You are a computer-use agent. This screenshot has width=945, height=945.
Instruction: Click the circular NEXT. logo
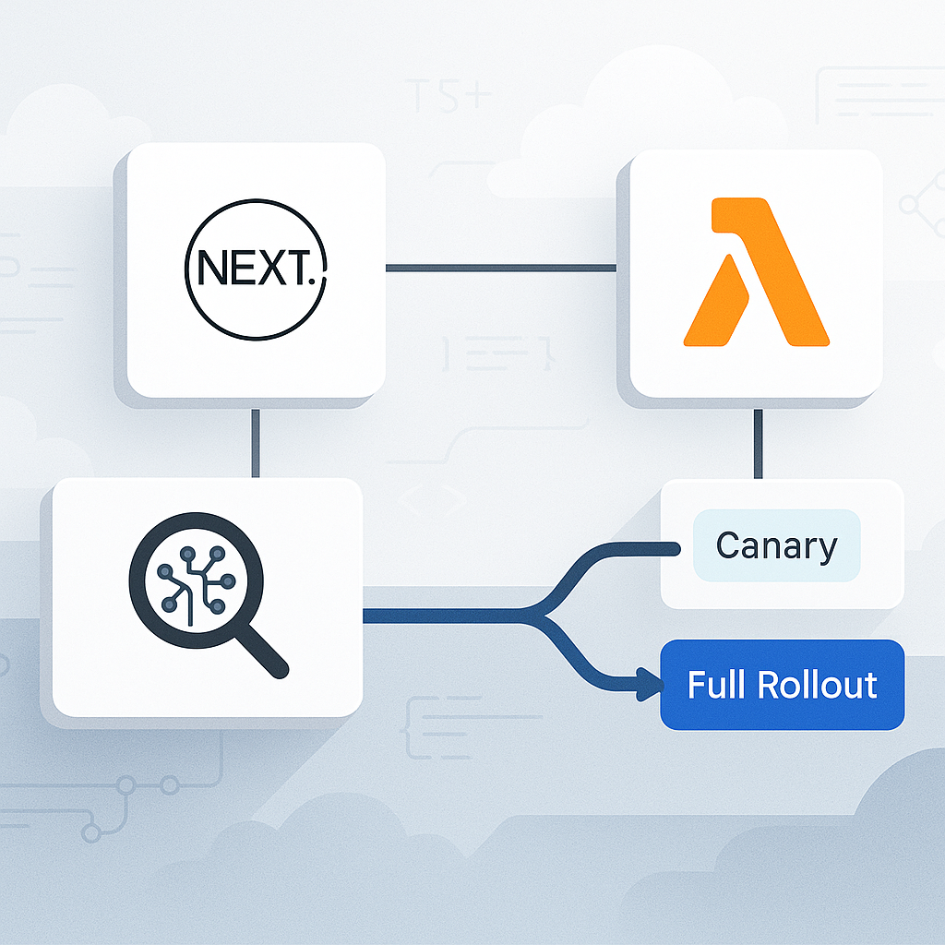tap(256, 269)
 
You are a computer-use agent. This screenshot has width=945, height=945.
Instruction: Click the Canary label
tap(776, 546)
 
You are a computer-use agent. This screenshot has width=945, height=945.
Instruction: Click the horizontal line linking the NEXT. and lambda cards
tap(500, 269)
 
